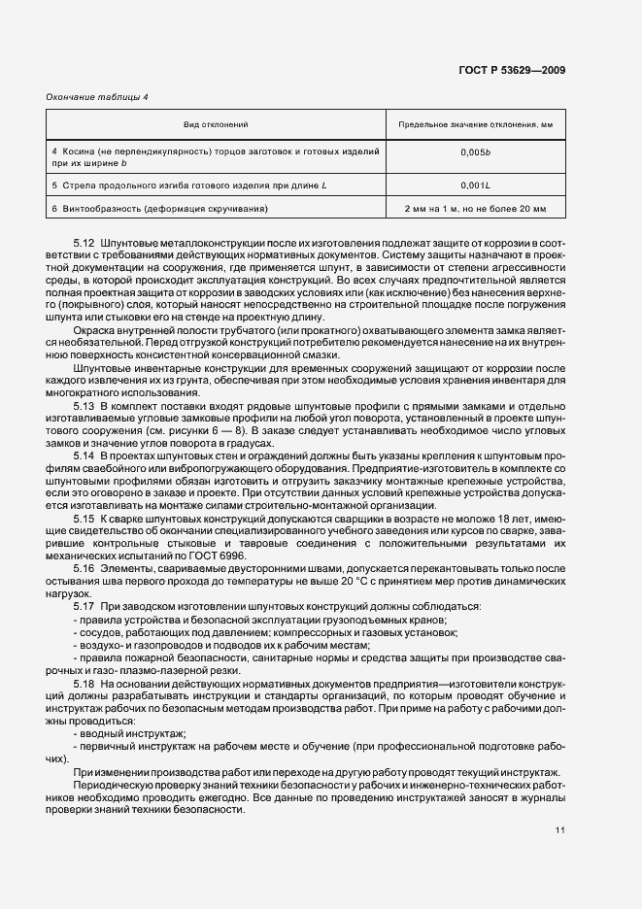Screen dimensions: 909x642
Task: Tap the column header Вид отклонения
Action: pos(217,125)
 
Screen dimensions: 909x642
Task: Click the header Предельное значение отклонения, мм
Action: pos(475,125)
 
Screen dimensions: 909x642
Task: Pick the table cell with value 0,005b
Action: pos(475,152)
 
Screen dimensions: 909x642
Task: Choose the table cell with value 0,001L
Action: pos(475,185)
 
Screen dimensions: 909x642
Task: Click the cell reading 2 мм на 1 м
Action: pos(475,209)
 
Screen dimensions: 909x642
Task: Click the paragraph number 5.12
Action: pos(84,242)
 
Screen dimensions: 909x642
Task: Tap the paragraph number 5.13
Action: pos(84,404)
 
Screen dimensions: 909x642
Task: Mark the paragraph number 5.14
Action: pos(84,454)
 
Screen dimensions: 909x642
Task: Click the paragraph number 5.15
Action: pos(84,518)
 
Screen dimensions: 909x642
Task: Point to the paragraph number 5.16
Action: pos(84,567)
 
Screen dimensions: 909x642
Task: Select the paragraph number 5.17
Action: pos(84,606)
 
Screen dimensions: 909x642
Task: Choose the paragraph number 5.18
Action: pos(84,682)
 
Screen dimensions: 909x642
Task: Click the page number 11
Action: pos(560,829)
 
